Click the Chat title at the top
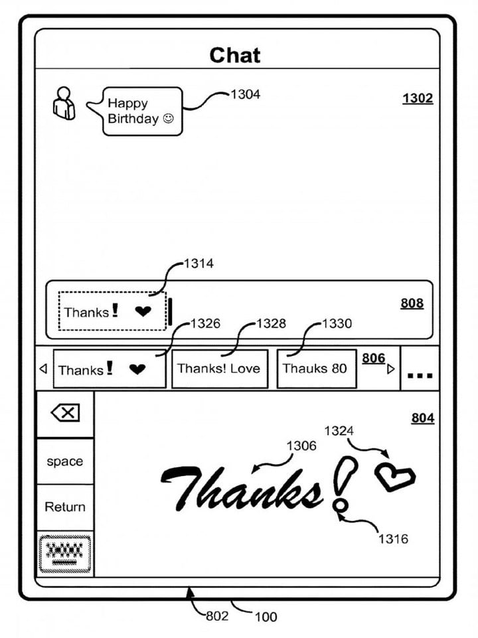[x=235, y=55]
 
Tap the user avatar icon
[x=64, y=104]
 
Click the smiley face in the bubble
[x=168, y=118]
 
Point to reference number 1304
[x=245, y=94]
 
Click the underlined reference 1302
[x=418, y=98]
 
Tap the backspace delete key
[x=66, y=414]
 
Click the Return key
[x=65, y=507]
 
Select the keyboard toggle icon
[x=65, y=554]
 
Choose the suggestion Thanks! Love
[x=220, y=368]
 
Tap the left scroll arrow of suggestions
[x=43, y=369]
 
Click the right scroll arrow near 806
[x=390, y=369]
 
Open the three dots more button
[x=420, y=375]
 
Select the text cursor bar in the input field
[x=170, y=311]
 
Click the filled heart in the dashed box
[x=143, y=311]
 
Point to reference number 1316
[x=393, y=539]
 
